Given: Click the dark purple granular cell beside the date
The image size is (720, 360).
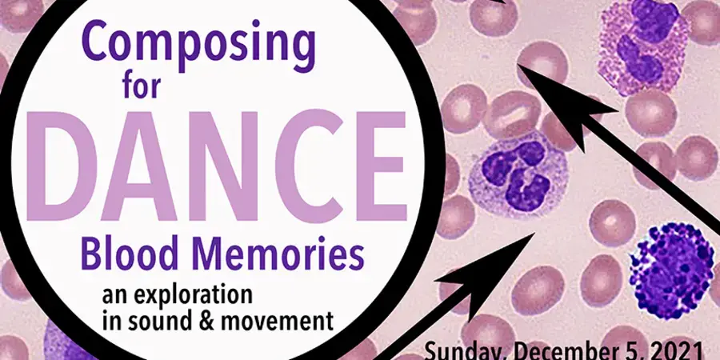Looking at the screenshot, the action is pyautogui.click(x=671, y=271).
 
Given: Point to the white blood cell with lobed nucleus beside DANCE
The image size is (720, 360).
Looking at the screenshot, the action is pyautogui.click(x=518, y=174).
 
